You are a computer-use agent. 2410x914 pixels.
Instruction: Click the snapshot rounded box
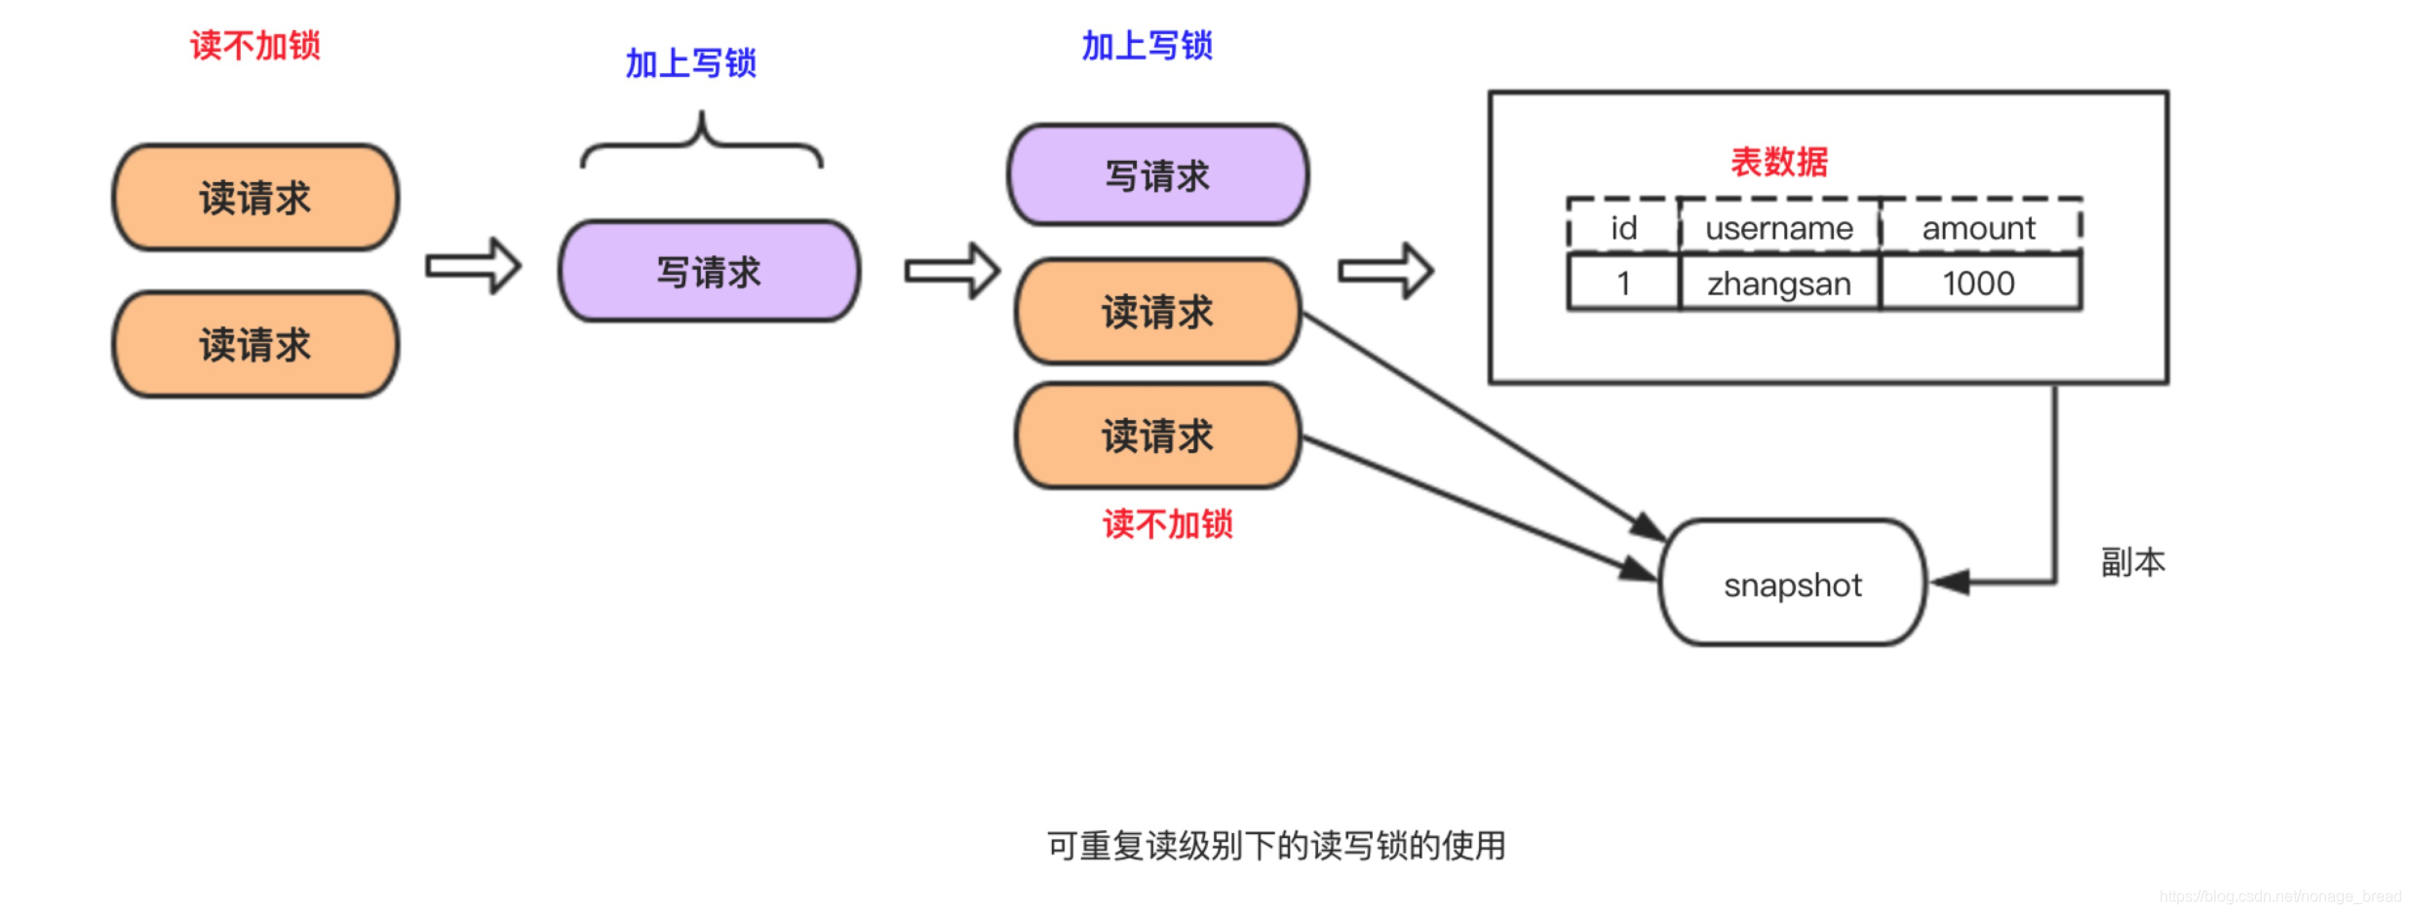pos(1792,583)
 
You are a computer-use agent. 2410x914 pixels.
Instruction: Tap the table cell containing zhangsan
pos(1778,284)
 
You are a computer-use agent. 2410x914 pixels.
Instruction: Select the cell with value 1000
pos(1978,284)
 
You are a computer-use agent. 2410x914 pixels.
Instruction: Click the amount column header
pos(1978,228)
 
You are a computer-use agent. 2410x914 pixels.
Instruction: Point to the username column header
pos(1778,228)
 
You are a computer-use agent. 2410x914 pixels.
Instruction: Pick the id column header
pos(1623,228)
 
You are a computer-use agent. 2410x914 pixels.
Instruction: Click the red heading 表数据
pos(1778,162)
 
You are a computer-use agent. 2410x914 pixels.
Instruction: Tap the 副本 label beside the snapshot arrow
pos(2132,562)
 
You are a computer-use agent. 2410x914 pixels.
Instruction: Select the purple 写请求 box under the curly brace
pos(709,272)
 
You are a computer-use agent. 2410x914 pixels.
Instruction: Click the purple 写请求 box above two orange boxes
pos(1157,176)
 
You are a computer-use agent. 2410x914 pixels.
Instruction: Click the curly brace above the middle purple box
pos(701,142)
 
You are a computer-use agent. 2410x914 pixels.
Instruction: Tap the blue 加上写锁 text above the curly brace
pos(690,63)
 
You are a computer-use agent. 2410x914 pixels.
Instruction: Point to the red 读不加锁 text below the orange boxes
pos(1167,524)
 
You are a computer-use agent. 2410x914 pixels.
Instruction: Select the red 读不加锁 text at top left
pos(254,46)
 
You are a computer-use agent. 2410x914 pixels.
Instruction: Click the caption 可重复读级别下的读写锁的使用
pos(1275,845)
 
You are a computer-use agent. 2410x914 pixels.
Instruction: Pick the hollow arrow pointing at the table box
pos(1385,271)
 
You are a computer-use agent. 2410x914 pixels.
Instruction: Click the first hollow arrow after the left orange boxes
pos(474,266)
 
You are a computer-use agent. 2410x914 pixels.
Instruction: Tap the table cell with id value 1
pos(1623,284)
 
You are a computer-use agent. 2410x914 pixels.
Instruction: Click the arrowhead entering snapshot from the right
pos(1951,583)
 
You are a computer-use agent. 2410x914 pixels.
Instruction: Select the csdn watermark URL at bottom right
pos(2279,895)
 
